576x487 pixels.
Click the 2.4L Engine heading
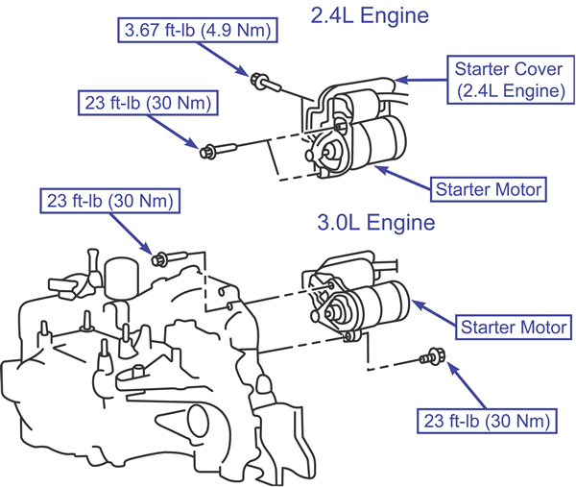370,16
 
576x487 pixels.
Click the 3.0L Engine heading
376,223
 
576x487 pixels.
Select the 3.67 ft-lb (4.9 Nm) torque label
198,30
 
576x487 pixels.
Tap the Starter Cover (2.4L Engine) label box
511,80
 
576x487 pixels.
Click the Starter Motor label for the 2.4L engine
489,189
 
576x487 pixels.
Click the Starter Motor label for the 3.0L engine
514,328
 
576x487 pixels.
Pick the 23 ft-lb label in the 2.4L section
148,103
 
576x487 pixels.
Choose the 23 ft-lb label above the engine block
109,201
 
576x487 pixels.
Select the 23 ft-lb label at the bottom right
487,421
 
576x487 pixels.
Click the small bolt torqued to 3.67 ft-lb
265,82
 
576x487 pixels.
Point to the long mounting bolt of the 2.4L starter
218,151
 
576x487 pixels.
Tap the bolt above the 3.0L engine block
169,258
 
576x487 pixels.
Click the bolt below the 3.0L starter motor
433,356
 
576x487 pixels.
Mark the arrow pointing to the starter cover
420,80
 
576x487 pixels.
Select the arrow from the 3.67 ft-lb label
223,60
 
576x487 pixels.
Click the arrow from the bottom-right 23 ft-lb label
466,385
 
